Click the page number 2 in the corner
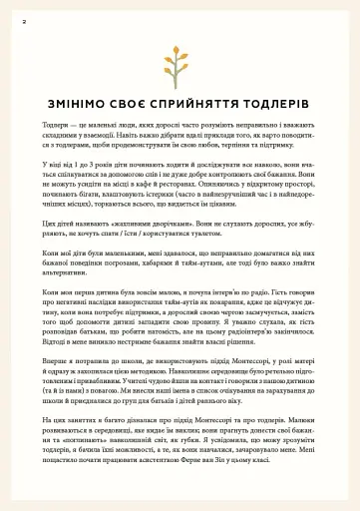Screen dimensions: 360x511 23,18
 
